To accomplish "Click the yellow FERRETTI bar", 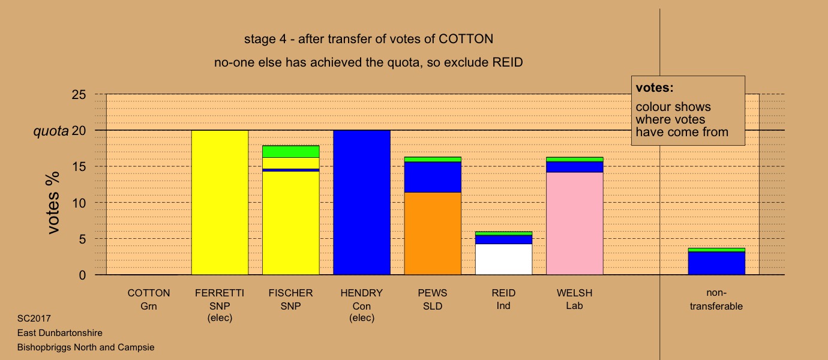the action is tap(220, 203).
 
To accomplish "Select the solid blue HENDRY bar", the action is tap(362, 203).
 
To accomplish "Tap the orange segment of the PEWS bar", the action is tap(433, 233).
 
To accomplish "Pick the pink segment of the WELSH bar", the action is tap(575, 224).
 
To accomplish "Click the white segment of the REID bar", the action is tap(504, 259).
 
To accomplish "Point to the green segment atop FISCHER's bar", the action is tap(291, 152).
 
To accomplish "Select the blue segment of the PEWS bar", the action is tap(433, 177).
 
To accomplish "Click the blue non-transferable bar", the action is tap(716, 263).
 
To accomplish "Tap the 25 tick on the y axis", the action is tap(79, 95).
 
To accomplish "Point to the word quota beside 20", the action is tap(51, 131).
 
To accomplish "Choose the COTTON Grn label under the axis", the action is tap(149, 299).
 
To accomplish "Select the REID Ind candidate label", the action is tap(503, 299).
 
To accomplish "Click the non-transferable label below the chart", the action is tap(716, 299).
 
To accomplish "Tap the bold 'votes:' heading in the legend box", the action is tap(655, 88).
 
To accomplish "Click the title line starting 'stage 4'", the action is tap(368, 39).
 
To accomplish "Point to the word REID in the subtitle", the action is tap(507, 62).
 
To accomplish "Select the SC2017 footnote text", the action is tap(34, 318).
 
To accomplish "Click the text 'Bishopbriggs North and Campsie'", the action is tap(86, 347).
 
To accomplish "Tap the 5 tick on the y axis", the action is tap(82, 239).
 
